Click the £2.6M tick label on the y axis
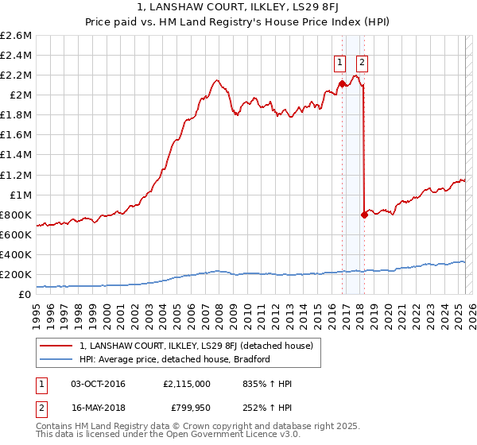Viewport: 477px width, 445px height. pos(16,36)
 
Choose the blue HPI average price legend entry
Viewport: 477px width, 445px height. pos(175,359)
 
